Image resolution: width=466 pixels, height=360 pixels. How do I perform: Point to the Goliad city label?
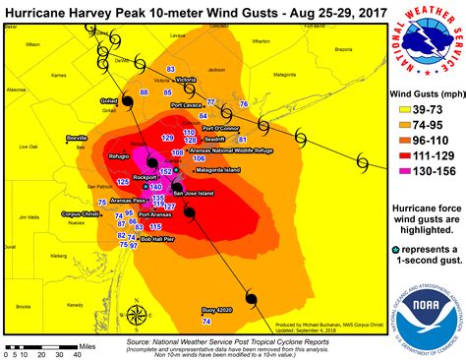click(108, 100)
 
